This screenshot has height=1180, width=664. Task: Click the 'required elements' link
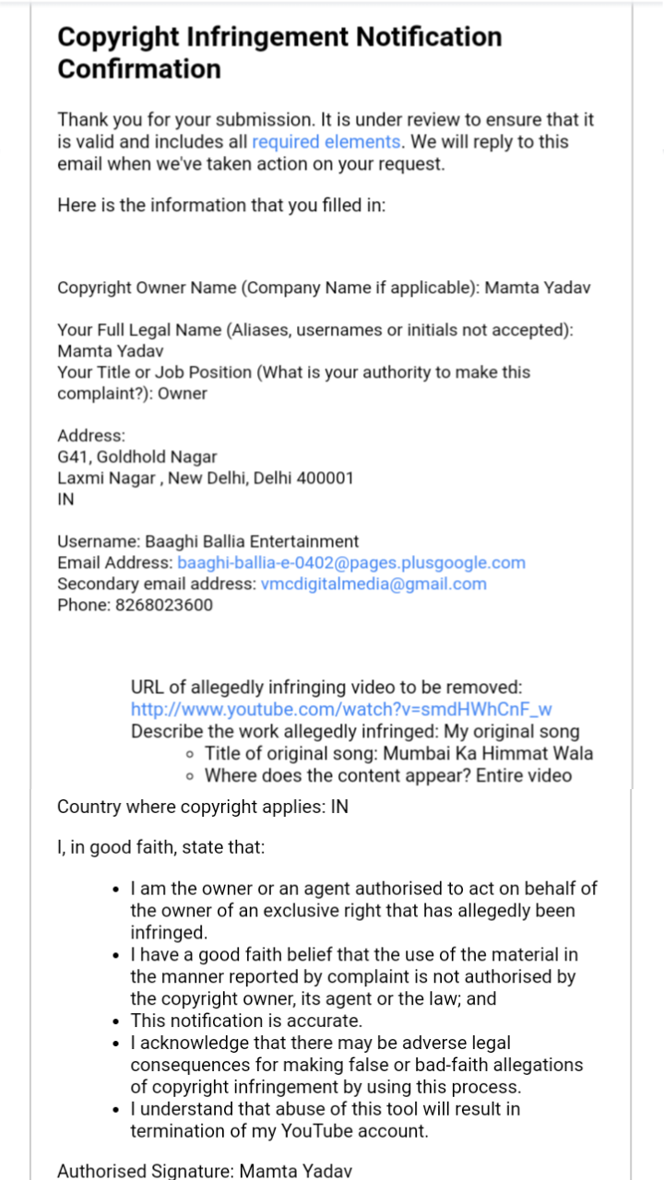pyautogui.click(x=326, y=142)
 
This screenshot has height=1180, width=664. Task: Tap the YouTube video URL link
pyautogui.click(x=341, y=709)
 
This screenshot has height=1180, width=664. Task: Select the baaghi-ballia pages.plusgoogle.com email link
pyautogui.click(x=351, y=562)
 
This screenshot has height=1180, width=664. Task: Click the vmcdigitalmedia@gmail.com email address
pyautogui.click(x=373, y=584)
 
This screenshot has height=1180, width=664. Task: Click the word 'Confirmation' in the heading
pyautogui.click(x=139, y=69)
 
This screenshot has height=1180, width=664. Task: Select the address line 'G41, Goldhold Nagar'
pyautogui.click(x=137, y=456)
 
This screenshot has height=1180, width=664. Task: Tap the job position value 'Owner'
pyautogui.click(x=183, y=394)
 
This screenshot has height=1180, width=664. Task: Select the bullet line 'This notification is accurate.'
pyautogui.click(x=246, y=1021)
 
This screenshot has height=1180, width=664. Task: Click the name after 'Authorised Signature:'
pyautogui.click(x=295, y=1171)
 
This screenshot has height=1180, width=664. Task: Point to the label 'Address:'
pyautogui.click(x=91, y=435)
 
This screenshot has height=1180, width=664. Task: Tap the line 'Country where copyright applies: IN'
pyautogui.click(x=203, y=807)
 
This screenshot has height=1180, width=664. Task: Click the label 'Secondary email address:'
pyautogui.click(x=156, y=584)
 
